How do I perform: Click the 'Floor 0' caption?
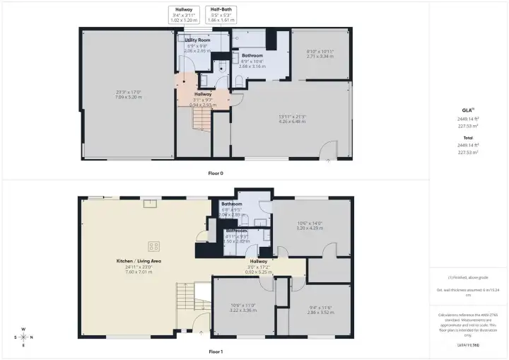coord(216,173)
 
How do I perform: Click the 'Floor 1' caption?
coord(216,352)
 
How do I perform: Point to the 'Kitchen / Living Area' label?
coord(139,261)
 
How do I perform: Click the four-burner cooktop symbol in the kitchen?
coord(152,246)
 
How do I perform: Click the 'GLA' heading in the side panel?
coord(468,109)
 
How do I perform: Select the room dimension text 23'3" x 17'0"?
coord(129,93)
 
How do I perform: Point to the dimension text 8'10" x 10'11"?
coord(320,52)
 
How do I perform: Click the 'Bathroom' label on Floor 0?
coord(252,55)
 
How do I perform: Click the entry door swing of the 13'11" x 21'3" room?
coord(329,149)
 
